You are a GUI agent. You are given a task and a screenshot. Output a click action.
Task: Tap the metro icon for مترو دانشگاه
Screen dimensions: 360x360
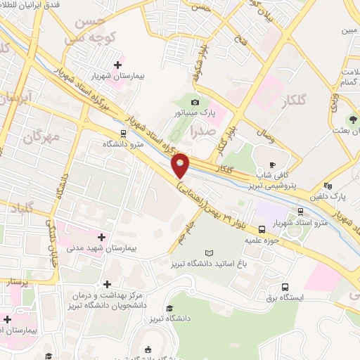coord(123,132)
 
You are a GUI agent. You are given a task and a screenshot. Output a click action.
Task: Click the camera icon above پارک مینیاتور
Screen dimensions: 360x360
coord(195,103)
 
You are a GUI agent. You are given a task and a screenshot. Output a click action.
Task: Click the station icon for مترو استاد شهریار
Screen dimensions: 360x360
coord(301,210)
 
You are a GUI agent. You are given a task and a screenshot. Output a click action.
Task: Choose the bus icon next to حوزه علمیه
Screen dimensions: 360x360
coord(262,229)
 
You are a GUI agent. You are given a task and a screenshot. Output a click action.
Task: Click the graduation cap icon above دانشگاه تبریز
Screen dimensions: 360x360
coord(169,308)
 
